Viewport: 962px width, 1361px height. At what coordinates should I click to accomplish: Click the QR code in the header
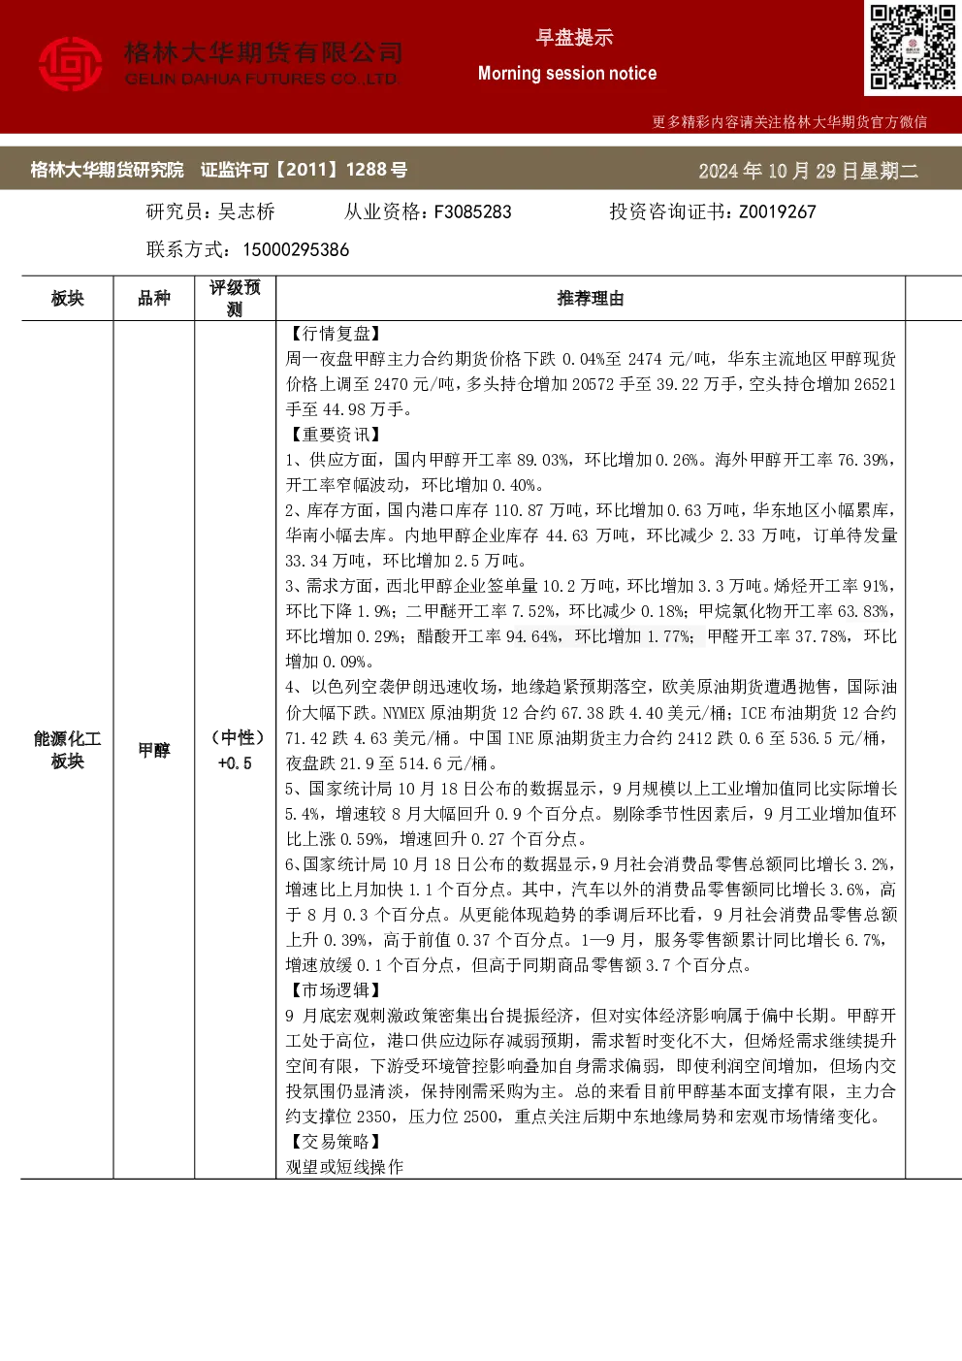pyautogui.click(x=913, y=48)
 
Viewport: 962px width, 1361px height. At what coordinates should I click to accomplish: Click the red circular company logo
pyautogui.click(x=71, y=64)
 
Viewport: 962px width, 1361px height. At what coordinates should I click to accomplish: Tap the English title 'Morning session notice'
pyautogui.click(x=567, y=74)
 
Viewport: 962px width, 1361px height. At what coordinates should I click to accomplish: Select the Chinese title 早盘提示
pyautogui.click(x=574, y=38)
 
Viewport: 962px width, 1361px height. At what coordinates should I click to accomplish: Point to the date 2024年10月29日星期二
pyautogui.click(x=809, y=171)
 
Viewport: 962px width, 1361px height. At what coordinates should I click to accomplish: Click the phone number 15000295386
pyautogui.click(x=296, y=249)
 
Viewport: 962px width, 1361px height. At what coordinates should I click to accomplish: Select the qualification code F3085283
pyautogui.click(x=472, y=212)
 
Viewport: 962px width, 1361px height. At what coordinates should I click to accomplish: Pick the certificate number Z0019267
pyautogui.click(x=778, y=212)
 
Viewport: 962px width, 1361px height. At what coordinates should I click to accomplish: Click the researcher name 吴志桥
pyautogui.click(x=246, y=212)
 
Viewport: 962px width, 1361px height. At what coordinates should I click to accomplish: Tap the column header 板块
pyautogui.click(x=68, y=299)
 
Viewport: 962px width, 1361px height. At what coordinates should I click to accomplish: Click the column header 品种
pyautogui.click(x=154, y=299)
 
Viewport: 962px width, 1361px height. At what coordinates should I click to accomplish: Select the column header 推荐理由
pyautogui.click(x=591, y=299)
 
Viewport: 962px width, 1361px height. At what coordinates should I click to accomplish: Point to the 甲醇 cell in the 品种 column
pyautogui.click(x=154, y=751)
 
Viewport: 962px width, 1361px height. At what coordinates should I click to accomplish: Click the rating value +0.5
pyautogui.click(x=235, y=763)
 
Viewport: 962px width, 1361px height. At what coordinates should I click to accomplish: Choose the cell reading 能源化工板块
pyautogui.click(x=68, y=750)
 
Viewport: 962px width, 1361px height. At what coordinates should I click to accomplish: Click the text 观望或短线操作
pyautogui.click(x=345, y=1167)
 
